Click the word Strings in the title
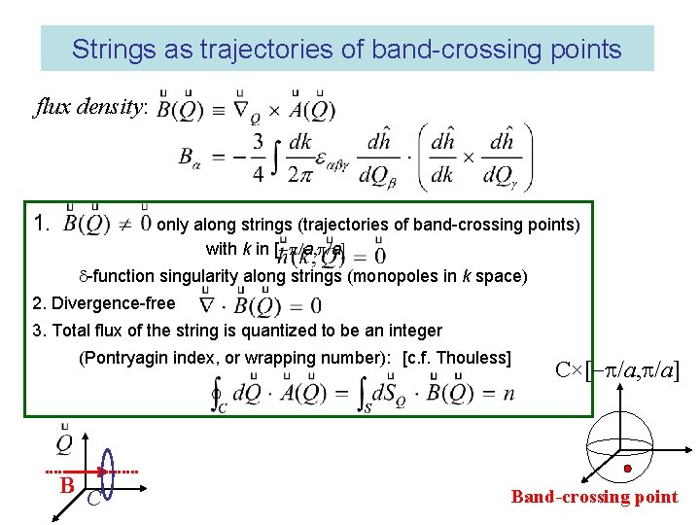(x=106, y=50)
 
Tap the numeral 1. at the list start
(x=41, y=225)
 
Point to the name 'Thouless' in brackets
(x=472, y=358)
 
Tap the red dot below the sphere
(x=628, y=469)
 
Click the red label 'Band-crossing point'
(x=594, y=497)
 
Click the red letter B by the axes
(x=67, y=483)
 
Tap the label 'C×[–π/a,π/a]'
(x=616, y=369)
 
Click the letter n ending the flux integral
(x=507, y=394)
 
